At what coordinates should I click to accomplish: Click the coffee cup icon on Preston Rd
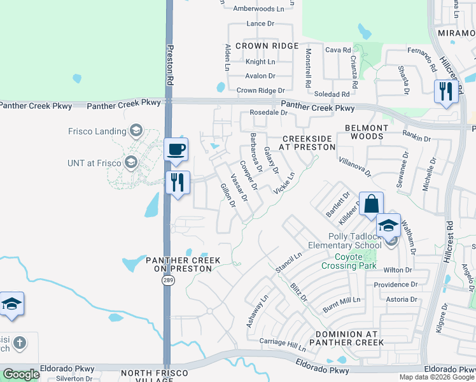point(176,150)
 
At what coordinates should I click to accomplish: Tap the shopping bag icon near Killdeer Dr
point(372,204)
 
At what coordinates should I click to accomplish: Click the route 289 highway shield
point(167,281)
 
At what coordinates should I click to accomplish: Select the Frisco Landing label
point(97,131)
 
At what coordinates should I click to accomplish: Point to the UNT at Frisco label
point(94,163)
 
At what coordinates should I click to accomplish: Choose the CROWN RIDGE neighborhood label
point(267,46)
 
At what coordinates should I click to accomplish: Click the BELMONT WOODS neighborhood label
point(366,132)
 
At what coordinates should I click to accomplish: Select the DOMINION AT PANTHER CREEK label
point(347,338)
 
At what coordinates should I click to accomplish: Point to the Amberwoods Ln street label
point(258,9)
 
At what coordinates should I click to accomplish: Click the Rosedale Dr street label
point(269,113)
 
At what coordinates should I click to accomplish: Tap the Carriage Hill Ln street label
point(283,343)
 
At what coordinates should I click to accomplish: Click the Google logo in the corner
point(22,374)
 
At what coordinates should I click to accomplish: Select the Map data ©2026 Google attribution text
point(437,377)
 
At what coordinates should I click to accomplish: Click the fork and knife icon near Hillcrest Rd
point(445,91)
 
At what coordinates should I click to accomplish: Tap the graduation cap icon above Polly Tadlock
point(388,225)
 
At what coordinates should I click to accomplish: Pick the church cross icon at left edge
point(20,343)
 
